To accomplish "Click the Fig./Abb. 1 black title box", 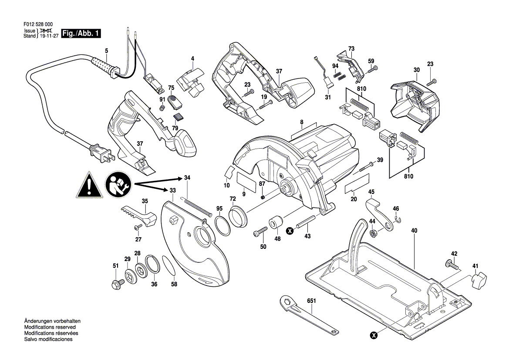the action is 81,33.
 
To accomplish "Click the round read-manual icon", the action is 118,184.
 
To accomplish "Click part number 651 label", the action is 311,301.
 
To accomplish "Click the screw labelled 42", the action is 452,264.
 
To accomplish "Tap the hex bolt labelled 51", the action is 117,284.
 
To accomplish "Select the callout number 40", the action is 414,231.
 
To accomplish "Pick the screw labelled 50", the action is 260,232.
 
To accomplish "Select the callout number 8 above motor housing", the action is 302,122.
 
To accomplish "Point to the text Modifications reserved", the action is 50,327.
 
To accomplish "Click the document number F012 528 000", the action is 38,24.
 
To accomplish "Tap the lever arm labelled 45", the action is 381,215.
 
